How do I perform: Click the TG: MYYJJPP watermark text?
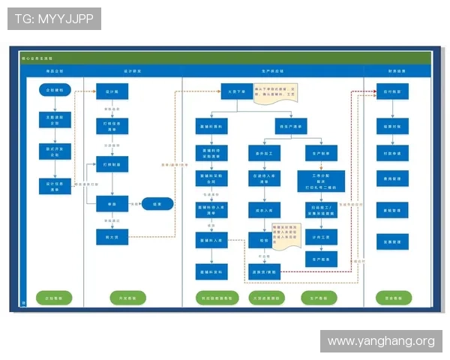pos(54,19)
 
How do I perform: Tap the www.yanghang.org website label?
pos(381,341)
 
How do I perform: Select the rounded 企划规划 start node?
pos(54,90)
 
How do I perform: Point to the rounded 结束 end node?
pos(157,203)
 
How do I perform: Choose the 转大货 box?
pos(112,237)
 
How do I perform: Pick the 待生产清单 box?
pos(291,126)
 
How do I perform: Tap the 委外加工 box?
pos(263,153)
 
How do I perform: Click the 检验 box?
pos(263,241)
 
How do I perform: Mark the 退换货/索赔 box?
pos(263,272)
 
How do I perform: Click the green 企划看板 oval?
pos(54,298)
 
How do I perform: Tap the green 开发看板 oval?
pos(127,298)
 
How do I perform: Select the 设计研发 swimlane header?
pos(133,71)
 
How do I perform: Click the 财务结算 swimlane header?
pos(397,71)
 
